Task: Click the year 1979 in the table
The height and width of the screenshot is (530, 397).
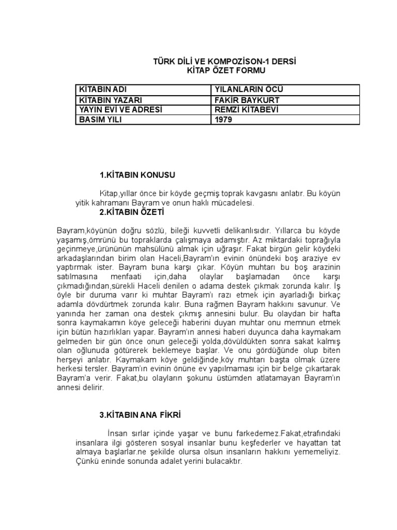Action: [x=224, y=120]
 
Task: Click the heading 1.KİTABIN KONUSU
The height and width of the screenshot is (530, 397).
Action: [x=133, y=175]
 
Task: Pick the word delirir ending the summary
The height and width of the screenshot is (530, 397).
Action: [x=93, y=387]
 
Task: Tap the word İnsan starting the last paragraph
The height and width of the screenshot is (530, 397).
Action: [x=117, y=433]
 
